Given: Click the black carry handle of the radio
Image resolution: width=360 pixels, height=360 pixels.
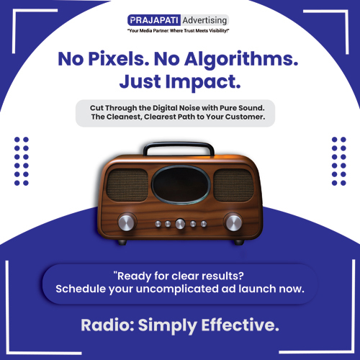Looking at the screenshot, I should point(179,145).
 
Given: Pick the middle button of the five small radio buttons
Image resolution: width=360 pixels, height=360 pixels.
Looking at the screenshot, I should point(180,224).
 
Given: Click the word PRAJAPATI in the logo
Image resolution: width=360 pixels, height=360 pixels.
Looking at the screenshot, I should point(154,19).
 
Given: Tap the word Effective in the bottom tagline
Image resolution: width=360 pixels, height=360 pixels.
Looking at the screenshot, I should point(239,325).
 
